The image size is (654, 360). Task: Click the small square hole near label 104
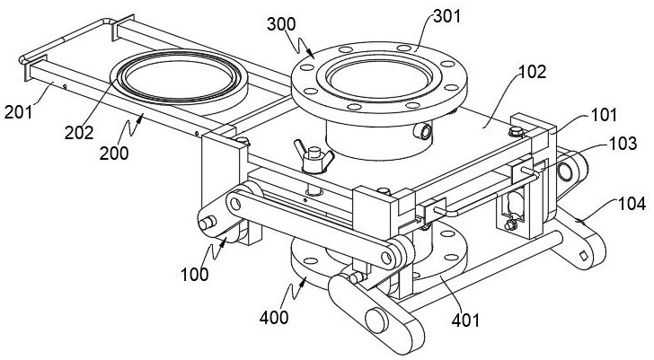(x=586, y=258)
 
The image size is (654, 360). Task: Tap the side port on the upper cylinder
(x=420, y=132)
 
